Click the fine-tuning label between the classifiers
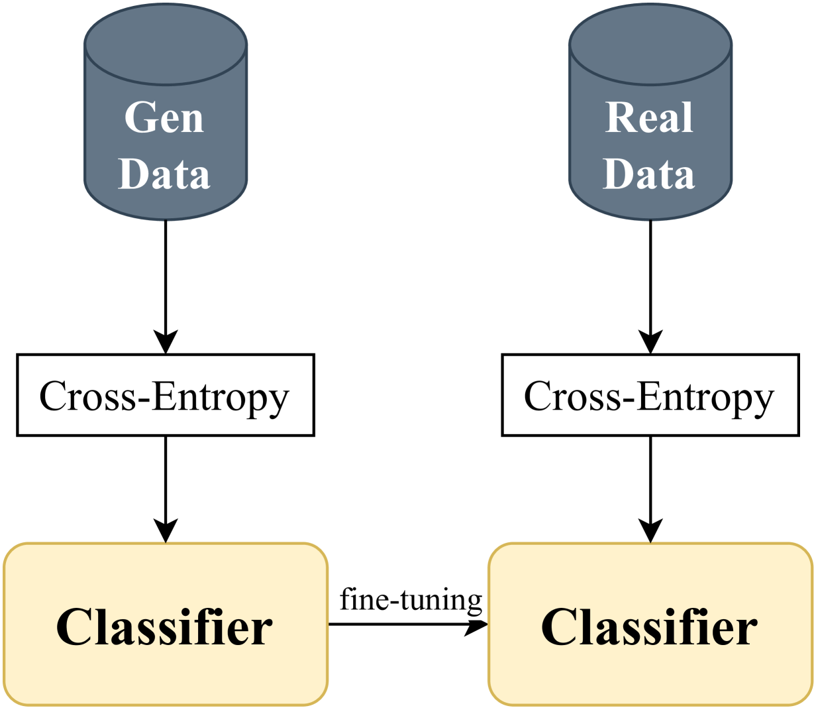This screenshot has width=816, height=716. [411, 600]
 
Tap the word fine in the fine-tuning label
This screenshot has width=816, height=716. [362, 599]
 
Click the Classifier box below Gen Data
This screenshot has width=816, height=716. [166, 624]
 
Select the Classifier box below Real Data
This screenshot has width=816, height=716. [650, 624]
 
